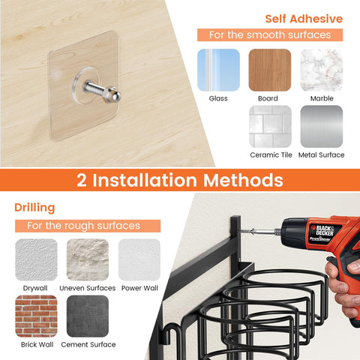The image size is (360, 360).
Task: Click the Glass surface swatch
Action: click(218, 70)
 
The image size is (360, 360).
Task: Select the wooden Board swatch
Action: click(269, 70)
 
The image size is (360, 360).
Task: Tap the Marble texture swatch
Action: click(321, 70)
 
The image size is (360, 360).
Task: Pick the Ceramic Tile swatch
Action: click(269, 126)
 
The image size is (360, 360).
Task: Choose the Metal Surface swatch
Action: click(321, 126)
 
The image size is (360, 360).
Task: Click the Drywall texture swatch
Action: click(36, 259)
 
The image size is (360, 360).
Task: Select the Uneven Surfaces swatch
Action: click(88, 259)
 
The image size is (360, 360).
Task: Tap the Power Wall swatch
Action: click(139, 259)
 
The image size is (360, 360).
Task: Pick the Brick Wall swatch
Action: click(36, 316)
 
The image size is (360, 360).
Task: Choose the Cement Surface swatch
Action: click(88, 316)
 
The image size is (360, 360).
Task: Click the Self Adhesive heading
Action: click(304, 18)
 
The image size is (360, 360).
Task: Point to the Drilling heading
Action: click(34, 206)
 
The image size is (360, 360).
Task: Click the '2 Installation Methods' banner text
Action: click(180, 180)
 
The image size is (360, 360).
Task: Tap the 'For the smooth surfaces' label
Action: click(269, 35)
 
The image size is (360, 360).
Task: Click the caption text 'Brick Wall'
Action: click(36, 344)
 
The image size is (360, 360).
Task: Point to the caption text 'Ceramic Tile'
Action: click(269, 154)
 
